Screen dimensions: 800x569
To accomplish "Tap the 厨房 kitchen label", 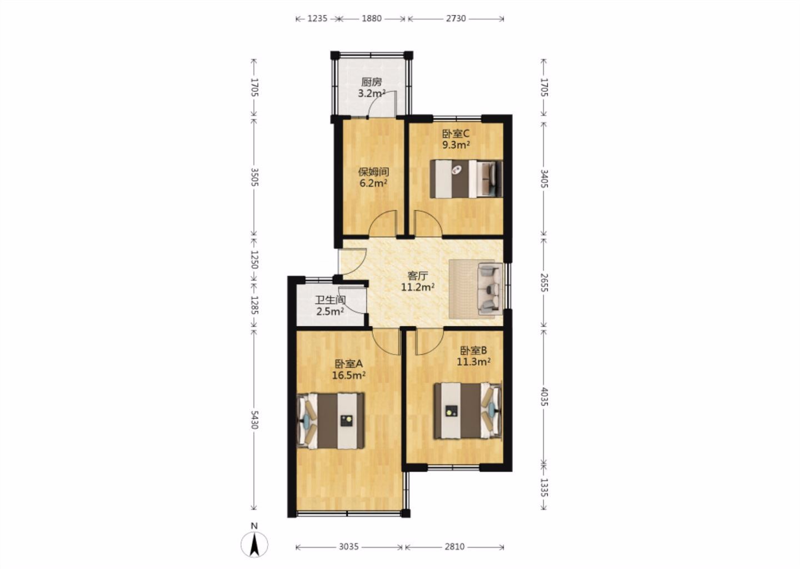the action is (x=372, y=82).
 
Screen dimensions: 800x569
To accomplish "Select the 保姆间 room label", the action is (x=373, y=172).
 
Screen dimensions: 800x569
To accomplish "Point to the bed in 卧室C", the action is (x=466, y=178).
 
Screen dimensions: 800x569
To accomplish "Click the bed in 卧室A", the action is (x=331, y=421).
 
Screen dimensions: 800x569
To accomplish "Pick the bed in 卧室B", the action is (x=468, y=411).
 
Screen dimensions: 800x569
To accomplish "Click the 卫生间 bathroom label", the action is (x=330, y=300).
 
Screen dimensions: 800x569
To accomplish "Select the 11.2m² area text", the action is (x=418, y=287).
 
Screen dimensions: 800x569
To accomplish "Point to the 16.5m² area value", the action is (x=348, y=376).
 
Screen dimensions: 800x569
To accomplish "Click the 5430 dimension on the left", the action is (x=254, y=420).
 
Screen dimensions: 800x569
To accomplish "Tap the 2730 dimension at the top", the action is (x=456, y=18).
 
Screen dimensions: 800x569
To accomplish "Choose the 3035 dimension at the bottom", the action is (x=348, y=547).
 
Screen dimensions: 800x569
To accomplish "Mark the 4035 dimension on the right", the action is (x=543, y=397).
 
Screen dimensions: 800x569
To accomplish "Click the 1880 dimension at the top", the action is (x=372, y=18).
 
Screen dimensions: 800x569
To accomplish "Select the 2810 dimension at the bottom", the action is (x=454, y=547).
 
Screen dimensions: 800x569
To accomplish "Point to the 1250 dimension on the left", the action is (x=254, y=259).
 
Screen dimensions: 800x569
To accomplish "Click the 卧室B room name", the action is (x=473, y=351).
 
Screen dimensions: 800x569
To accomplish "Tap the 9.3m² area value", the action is (x=456, y=144).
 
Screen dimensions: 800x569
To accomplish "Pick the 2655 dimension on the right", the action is (x=543, y=282).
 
